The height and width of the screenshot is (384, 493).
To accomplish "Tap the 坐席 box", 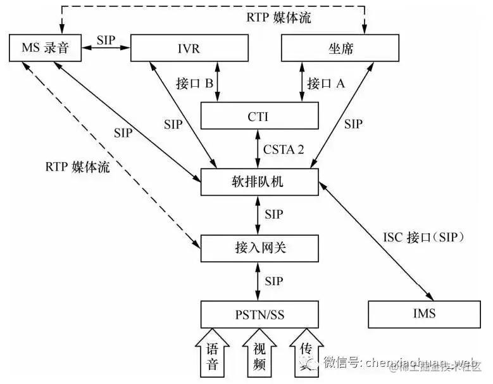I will click(340, 48).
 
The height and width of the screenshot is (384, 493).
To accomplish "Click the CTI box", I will click(258, 116).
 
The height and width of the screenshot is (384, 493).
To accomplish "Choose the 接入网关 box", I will click(258, 248).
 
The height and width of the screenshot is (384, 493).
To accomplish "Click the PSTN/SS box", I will click(258, 314).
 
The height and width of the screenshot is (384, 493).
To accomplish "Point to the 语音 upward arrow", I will click(213, 354).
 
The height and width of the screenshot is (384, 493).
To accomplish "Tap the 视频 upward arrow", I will click(259, 354).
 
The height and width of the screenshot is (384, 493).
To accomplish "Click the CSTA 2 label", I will click(284, 150).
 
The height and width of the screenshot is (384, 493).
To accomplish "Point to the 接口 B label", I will click(194, 83).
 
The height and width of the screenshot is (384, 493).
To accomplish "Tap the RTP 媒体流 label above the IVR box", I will click(279, 17).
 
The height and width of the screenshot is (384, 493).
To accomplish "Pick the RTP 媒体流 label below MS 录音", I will click(77, 167).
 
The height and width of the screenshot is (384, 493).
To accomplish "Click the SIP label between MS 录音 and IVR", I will click(106, 39).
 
